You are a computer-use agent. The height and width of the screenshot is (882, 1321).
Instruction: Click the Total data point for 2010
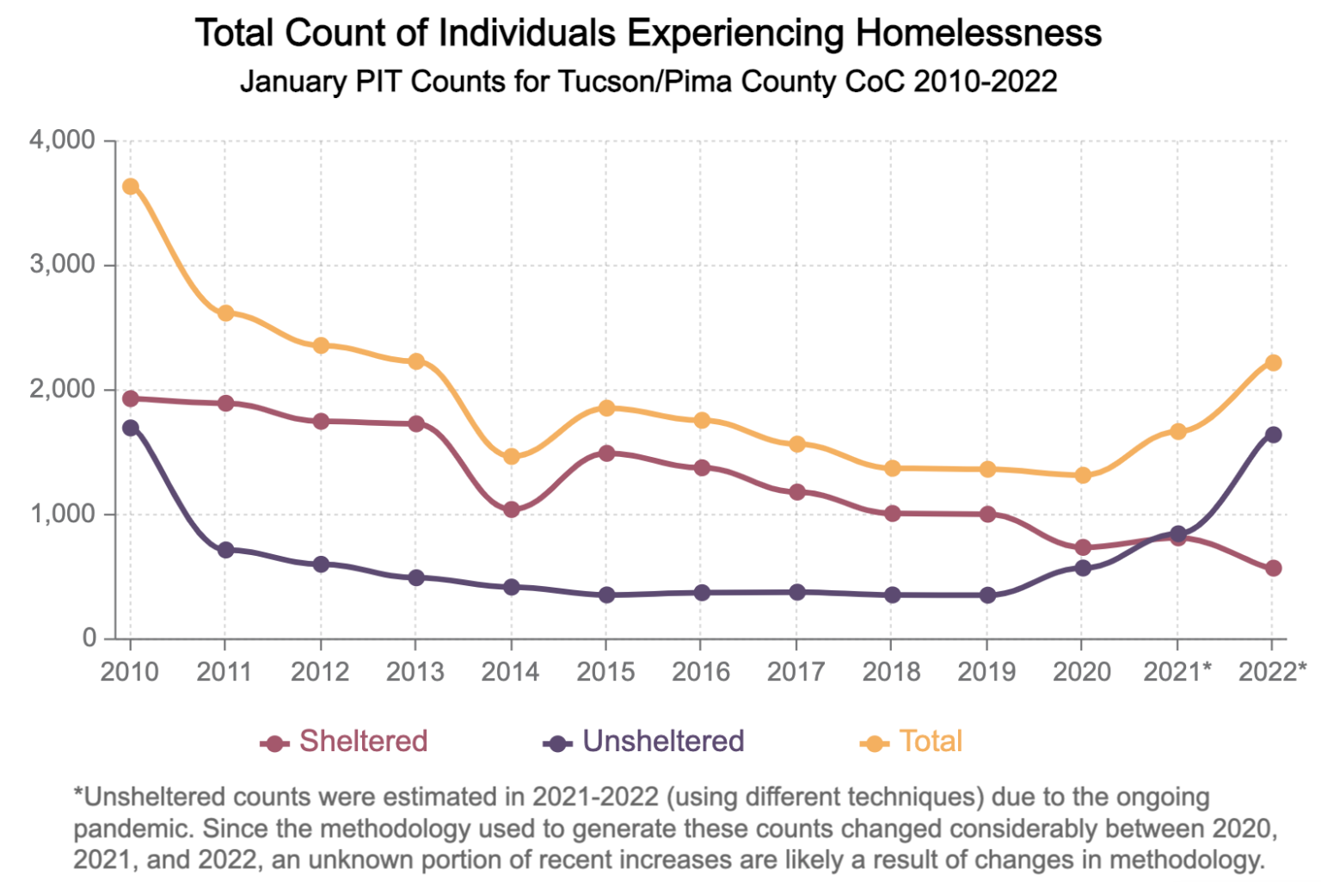click(x=131, y=187)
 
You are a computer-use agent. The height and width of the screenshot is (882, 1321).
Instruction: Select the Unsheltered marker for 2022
click(x=1273, y=435)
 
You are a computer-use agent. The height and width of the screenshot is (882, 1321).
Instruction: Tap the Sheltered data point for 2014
click(x=512, y=509)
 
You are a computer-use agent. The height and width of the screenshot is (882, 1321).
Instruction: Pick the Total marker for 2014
click(x=512, y=456)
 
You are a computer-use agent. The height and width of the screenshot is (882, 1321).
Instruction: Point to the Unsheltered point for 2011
click(x=225, y=550)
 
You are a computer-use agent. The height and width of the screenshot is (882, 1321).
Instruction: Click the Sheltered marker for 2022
click(x=1273, y=568)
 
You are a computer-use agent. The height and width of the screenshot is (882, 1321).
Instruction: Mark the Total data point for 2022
click(x=1273, y=363)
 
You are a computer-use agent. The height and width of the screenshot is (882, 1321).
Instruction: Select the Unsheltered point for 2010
click(x=131, y=428)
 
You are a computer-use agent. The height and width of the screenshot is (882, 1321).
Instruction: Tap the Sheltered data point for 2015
click(x=606, y=453)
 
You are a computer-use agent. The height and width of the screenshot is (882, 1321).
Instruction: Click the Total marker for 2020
click(x=1083, y=475)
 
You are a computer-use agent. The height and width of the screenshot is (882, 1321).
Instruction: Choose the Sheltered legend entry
click(x=344, y=742)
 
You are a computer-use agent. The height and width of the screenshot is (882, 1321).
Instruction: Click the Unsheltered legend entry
click(x=644, y=742)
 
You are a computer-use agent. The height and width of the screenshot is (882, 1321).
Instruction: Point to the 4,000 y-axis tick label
click(x=62, y=140)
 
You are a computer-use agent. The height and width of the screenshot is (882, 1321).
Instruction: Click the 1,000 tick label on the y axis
click(x=62, y=515)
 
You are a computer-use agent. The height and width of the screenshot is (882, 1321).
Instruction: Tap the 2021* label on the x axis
click(x=1177, y=672)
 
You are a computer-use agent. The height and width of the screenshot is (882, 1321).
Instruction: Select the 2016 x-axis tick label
click(x=701, y=672)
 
